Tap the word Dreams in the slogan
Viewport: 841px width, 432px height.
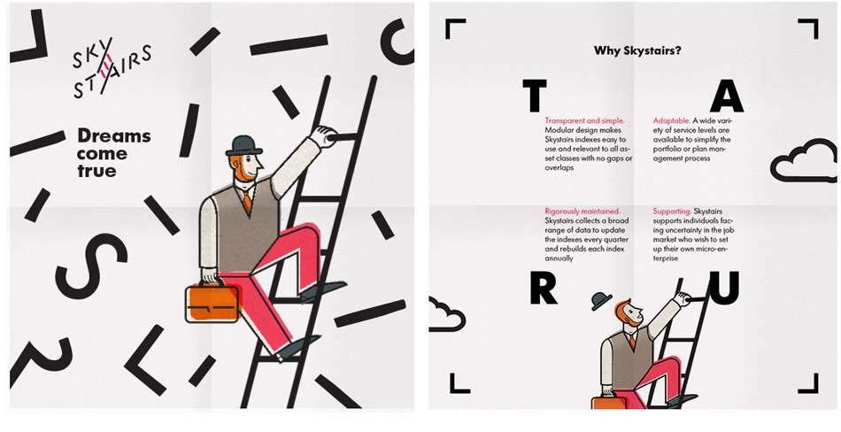point(113,136)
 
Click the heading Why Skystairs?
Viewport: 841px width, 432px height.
point(637,51)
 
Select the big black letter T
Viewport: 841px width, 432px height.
point(534,96)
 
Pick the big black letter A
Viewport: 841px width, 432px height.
point(727,96)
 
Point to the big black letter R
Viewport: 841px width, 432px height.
point(544,289)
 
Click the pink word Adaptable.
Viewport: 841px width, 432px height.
point(671,121)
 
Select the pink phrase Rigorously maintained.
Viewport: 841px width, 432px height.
point(583,212)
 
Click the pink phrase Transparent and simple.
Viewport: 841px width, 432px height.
point(584,121)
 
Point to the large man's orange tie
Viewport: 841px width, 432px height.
point(247,201)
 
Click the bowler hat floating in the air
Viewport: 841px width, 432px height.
point(602,301)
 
